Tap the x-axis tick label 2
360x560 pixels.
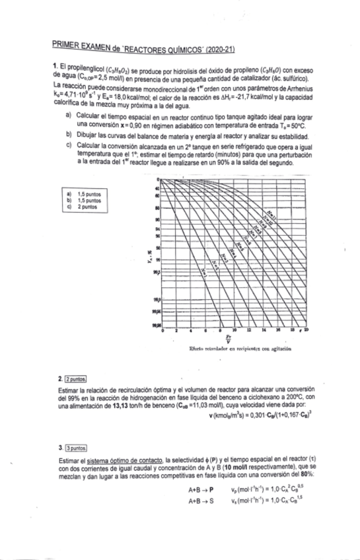tap(176, 329)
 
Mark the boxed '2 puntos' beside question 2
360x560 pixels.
tap(78, 379)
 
